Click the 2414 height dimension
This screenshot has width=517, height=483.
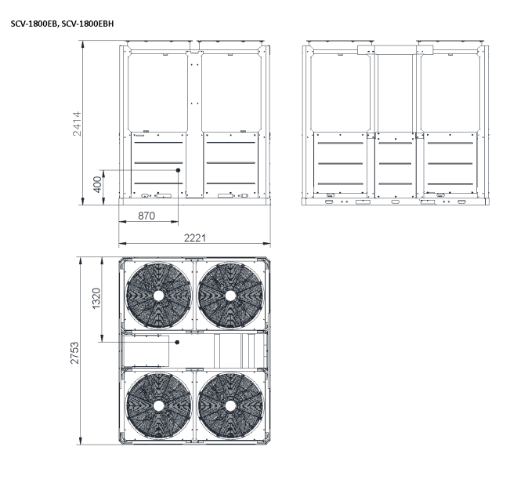(x=77, y=124)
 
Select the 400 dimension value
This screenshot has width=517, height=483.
(x=98, y=184)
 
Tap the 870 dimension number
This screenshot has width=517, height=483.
(x=146, y=216)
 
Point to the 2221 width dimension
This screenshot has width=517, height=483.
(x=195, y=238)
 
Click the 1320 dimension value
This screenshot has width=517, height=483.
(x=96, y=299)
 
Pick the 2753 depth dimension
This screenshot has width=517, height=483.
(x=75, y=353)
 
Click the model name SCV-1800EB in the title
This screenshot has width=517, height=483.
(x=34, y=24)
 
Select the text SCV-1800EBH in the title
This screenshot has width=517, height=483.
(x=88, y=24)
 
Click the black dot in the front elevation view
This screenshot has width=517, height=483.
(x=178, y=170)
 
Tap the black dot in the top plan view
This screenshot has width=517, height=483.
(x=177, y=342)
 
